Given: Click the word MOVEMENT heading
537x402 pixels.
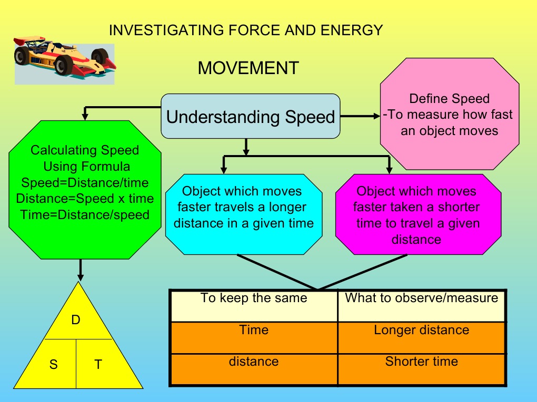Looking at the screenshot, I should (248, 68).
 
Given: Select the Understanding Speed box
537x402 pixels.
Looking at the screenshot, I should (250, 116).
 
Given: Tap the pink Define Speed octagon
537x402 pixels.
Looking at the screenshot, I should (449, 114).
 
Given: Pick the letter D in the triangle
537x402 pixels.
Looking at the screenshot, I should (76, 319).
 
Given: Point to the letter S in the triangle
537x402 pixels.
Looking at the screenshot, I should (54, 364).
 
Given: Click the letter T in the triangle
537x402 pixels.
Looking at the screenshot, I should (98, 364).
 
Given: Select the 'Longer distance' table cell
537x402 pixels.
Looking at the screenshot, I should (421, 336).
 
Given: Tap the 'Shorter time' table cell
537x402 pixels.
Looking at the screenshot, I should (421, 368).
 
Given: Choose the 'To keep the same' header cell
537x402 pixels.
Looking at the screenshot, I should (253, 305).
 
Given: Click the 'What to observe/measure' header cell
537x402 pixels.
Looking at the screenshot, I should (421, 305).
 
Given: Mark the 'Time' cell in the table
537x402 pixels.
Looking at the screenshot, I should (253, 336).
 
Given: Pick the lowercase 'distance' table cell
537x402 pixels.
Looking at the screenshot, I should (253, 368).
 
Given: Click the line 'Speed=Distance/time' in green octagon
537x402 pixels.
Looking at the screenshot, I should (85, 183).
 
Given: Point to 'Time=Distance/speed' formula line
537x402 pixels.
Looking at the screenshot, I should (85, 215).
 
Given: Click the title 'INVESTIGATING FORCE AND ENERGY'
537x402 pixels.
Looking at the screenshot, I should (245, 30).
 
